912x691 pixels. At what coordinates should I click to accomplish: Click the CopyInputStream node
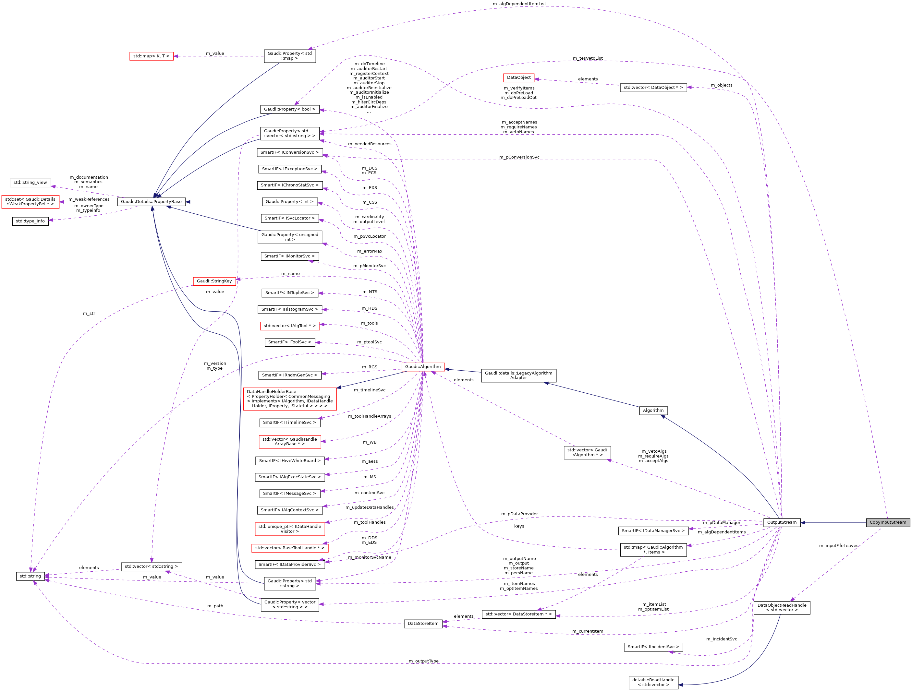point(888,522)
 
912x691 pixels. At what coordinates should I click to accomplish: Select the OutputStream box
point(781,522)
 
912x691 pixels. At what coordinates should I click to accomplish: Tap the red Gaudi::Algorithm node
point(423,366)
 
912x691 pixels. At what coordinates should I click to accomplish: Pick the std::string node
point(30,576)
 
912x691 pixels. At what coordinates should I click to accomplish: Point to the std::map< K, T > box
point(151,56)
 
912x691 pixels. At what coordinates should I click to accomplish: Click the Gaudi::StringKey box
point(214,281)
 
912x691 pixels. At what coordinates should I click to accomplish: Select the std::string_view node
point(30,182)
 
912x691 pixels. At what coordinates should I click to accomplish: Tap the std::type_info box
point(30,221)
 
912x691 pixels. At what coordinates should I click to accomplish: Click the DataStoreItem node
point(423,624)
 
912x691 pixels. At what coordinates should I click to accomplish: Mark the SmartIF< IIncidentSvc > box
point(653,647)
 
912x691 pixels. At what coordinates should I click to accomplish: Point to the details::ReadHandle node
point(653,682)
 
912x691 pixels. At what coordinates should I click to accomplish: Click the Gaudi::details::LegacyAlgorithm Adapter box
point(518,375)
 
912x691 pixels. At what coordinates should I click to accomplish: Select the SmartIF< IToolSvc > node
point(289,342)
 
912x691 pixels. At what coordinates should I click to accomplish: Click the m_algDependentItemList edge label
point(519,4)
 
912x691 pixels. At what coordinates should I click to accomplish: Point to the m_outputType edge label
point(423,661)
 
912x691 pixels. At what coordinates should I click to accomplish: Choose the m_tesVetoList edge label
point(588,58)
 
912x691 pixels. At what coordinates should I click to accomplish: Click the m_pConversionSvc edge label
point(519,157)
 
